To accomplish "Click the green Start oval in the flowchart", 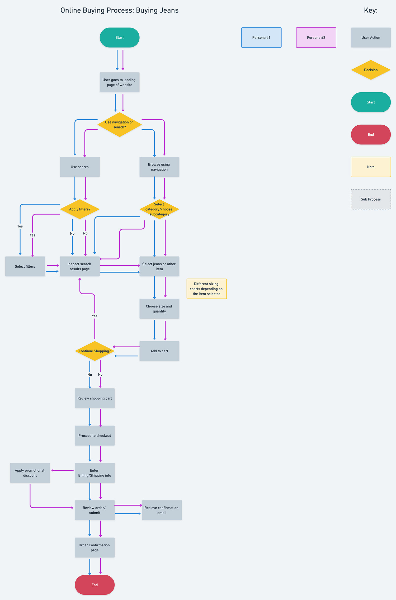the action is (x=120, y=37).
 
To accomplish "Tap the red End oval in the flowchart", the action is (x=95, y=585).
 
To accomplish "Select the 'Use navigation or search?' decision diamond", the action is (x=120, y=125).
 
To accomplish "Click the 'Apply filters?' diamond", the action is (x=80, y=209).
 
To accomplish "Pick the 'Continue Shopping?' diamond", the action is (x=95, y=351).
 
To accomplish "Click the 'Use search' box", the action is (x=80, y=167).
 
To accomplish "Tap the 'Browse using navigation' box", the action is (x=159, y=167).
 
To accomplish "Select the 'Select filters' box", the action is (x=25, y=266).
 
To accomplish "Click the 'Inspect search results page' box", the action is (x=80, y=266).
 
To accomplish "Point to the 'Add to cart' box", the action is (x=159, y=351).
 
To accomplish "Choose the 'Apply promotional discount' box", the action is (x=30, y=473).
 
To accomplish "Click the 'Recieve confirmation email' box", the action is (x=162, y=510).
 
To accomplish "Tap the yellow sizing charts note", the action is (x=207, y=289).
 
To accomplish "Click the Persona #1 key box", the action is (x=261, y=37).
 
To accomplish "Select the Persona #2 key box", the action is (x=316, y=37).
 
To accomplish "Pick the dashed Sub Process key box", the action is (x=371, y=199).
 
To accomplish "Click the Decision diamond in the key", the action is (x=371, y=70).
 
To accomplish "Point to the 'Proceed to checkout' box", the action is (x=95, y=436).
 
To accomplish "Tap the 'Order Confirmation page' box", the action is (x=95, y=547).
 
